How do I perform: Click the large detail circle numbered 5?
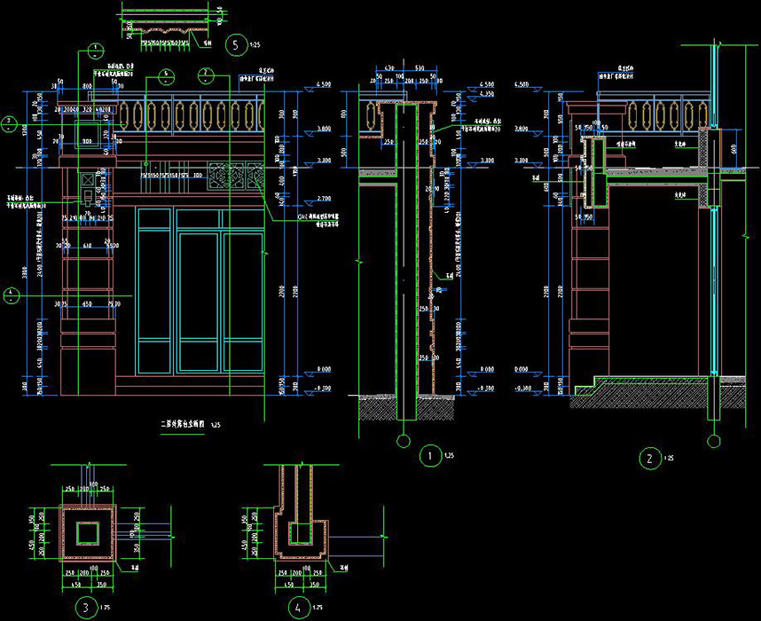point(235,43)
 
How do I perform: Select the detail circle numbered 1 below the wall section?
point(429,458)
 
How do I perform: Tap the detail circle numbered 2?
point(650,459)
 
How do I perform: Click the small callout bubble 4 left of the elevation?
point(9,295)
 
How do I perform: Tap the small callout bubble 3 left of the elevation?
point(9,122)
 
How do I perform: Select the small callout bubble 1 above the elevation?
point(92,53)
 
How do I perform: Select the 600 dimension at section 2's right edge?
point(734,151)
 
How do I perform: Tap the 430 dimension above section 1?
point(388,67)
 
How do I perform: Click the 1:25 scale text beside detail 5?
point(255,43)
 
